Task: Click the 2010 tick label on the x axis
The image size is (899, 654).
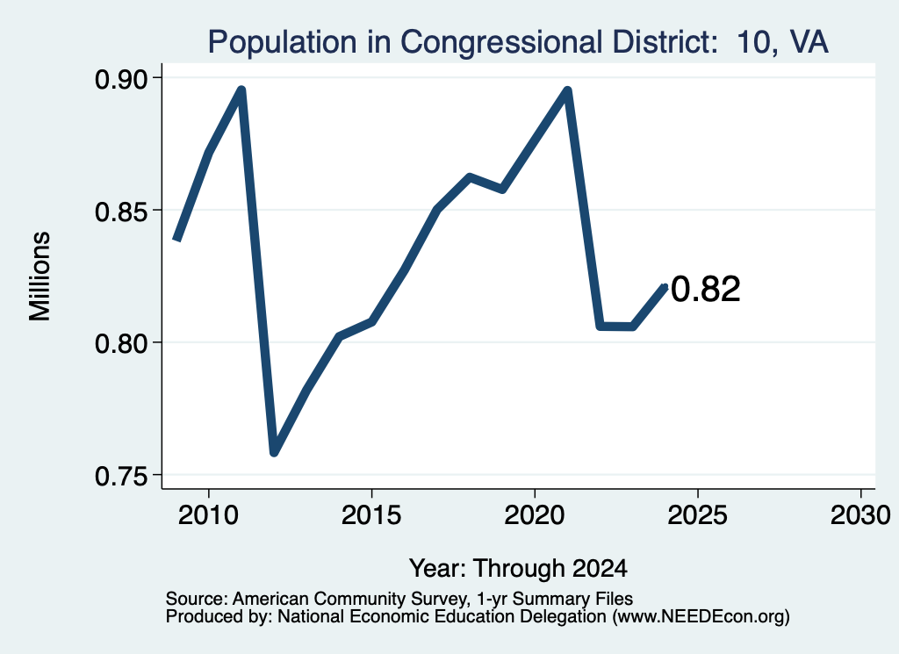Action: point(208,515)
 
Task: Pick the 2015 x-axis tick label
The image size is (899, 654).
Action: point(371,515)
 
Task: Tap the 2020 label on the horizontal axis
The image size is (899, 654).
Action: point(535,515)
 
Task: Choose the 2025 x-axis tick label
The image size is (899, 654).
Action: point(698,515)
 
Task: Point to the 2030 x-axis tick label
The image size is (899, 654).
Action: point(860,515)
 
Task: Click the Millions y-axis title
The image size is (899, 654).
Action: point(40,277)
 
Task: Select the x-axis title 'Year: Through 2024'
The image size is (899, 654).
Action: point(518,569)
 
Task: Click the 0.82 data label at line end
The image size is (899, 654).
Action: point(706,289)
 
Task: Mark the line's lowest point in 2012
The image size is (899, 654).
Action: point(274,452)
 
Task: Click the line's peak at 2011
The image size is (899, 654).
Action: point(241,90)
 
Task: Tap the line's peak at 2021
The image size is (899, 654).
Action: point(568,90)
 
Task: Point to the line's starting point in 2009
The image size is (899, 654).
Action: point(176,239)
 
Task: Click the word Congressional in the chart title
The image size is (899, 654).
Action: point(501,43)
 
